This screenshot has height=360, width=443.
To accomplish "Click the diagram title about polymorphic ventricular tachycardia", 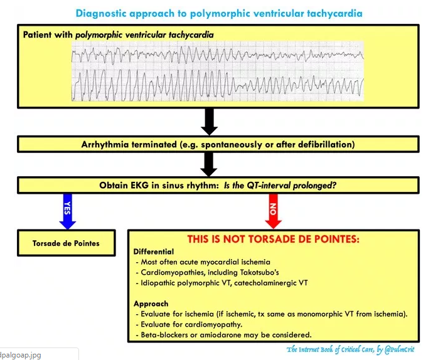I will pyautogui.click(x=219, y=13).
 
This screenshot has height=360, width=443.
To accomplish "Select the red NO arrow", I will pyautogui.click(x=273, y=211).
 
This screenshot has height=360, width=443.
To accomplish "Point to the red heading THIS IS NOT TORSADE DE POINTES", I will pyautogui.click(x=273, y=239).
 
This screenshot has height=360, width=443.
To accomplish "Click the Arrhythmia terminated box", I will pyautogui.click(x=218, y=144).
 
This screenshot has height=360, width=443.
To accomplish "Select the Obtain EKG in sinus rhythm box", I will pyautogui.click(x=218, y=186).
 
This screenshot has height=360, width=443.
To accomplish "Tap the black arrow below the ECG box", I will pyautogui.click(x=210, y=121).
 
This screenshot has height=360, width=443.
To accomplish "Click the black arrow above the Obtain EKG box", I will pyautogui.click(x=210, y=164).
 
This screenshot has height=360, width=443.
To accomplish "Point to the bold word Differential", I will pyautogui.click(x=154, y=251).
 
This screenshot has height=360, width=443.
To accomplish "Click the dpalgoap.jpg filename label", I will pyautogui.click(x=20, y=354).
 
